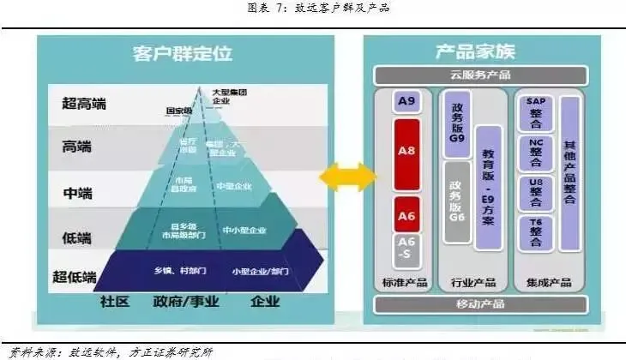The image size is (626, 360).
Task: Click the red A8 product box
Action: [406, 153]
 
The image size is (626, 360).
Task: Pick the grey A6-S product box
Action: [406, 251]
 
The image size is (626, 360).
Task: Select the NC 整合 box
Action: [536, 152]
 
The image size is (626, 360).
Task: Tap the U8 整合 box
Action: [536, 192]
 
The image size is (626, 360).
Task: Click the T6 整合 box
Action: [536, 232]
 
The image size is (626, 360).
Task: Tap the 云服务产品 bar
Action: [479, 75]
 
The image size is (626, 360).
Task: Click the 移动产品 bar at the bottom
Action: [479, 303]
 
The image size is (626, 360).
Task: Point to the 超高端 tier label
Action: [83, 104]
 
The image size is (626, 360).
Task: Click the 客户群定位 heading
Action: [182, 53]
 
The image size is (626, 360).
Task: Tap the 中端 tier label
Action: [83, 194]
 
